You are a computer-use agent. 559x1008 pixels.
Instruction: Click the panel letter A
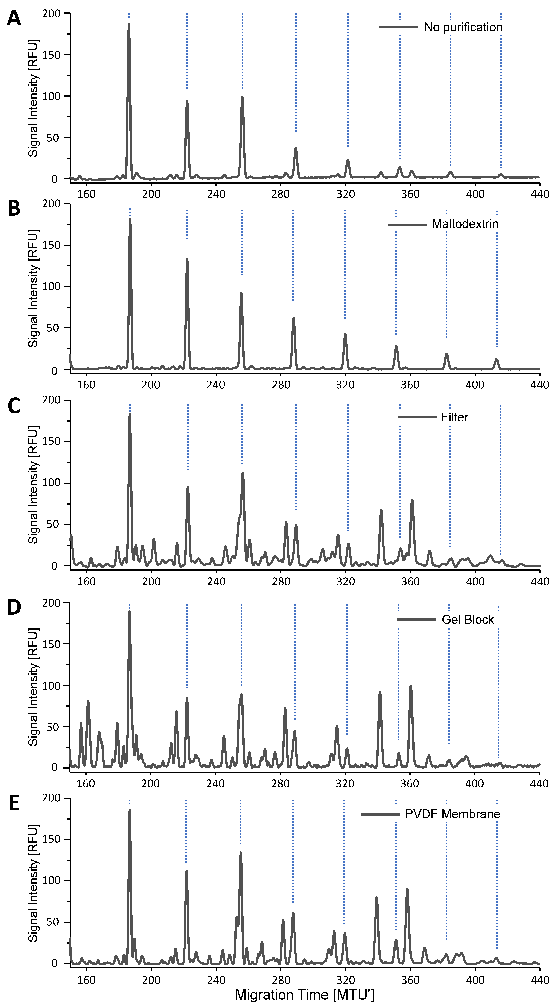[x=14, y=18]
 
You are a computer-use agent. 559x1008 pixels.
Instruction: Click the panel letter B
[x=14, y=209]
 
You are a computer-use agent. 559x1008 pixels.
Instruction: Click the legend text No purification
[x=463, y=27]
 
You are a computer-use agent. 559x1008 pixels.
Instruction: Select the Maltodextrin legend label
[x=465, y=224]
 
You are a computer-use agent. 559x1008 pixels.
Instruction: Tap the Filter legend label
[x=455, y=417]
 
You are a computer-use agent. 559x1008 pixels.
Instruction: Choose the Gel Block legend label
[x=468, y=619]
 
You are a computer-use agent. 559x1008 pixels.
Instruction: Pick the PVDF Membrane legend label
[x=453, y=814]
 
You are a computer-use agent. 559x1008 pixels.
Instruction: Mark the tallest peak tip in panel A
[x=129, y=24]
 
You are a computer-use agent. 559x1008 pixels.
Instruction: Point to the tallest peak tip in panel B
[x=130, y=218]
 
